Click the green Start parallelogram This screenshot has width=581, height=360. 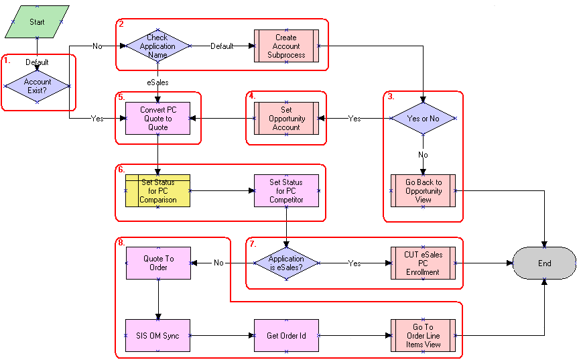click(x=37, y=22)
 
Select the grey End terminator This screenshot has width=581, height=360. click(x=544, y=263)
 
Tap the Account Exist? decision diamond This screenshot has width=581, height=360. click(x=38, y=86)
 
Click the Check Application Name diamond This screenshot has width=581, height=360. click(x=158, y=46)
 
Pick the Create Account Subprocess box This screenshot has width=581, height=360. click(x=286, y=46)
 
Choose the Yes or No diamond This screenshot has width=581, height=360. click(x=424, y=119)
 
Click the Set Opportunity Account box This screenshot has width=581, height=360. click(x=286, y=119)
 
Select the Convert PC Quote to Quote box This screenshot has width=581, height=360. click(x=158, y=119)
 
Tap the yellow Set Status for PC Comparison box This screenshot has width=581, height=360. click(x=158, y=191)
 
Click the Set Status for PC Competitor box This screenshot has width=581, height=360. click(x=286, y=191)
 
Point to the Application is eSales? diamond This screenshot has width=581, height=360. click(x=286, y=263)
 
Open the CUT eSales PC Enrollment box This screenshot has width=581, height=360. click(x=423, y=263)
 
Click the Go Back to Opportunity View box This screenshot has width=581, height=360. click(x=423, y=191)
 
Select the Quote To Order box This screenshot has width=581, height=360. click(x=158, y=263)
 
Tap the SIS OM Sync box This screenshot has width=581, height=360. click(x=158, y=335)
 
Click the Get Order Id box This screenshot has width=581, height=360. click(x=286, y=335)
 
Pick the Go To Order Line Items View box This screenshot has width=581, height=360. click(x=423, y=335)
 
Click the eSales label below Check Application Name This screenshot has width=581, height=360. click(x=158, y=82)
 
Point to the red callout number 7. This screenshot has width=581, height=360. click(x=253, y=243)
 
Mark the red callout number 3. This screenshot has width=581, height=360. click(x=391, y=97)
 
